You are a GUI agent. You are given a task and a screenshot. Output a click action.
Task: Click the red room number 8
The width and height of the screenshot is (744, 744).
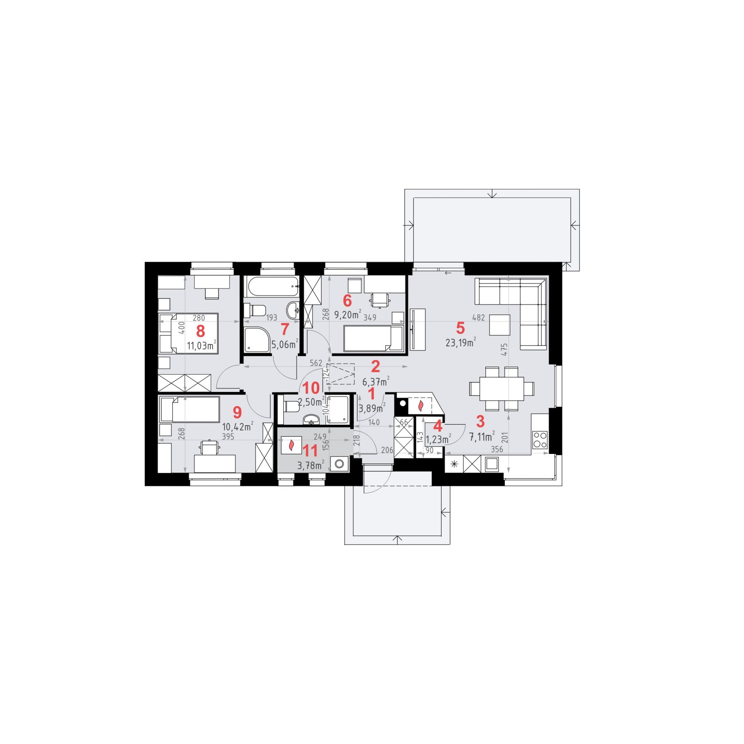(201, 330)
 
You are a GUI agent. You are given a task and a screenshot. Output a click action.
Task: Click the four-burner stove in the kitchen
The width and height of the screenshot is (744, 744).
(540, 440)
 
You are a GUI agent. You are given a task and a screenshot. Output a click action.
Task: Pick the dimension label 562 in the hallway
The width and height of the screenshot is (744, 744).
(316, 363)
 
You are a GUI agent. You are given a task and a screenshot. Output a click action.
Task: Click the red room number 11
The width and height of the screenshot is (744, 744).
(310, 451)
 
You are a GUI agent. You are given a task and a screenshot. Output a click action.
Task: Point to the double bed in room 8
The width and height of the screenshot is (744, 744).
(188, 333)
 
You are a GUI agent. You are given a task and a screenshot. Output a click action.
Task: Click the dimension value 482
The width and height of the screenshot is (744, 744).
(479, 318)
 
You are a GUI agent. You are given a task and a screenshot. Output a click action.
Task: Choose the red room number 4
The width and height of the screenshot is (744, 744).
(438, 426)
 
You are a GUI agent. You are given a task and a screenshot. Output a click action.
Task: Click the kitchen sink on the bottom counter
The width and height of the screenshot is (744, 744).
(492, 464)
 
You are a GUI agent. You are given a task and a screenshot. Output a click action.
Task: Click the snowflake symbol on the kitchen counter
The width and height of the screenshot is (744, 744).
(453, 464)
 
